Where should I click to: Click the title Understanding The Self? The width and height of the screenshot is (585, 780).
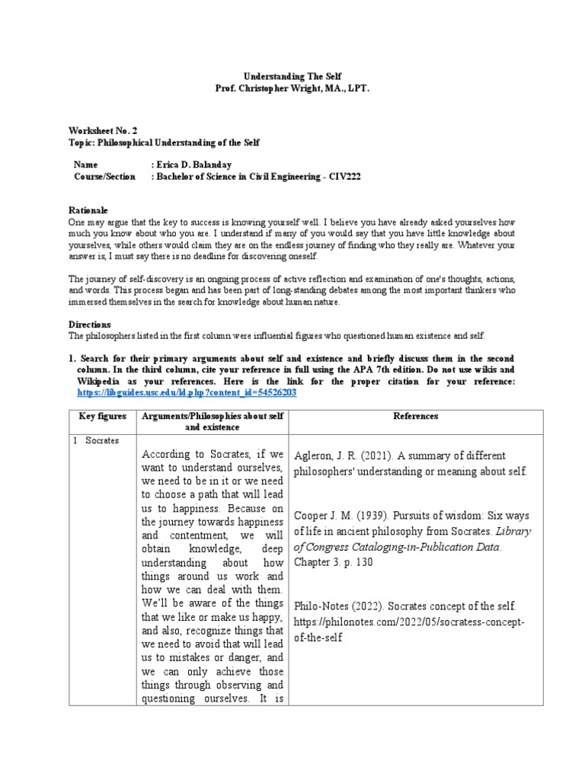(292, 77)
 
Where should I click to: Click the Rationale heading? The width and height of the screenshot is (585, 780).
(88, 209)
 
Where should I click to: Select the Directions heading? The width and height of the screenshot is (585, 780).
(90, 324)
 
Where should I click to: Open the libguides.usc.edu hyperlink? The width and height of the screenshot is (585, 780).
(187, 392)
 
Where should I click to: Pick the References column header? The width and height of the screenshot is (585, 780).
(415, 417)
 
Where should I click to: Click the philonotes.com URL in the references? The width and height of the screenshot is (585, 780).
(409, 622)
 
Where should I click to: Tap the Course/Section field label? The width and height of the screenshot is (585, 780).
(104, 176)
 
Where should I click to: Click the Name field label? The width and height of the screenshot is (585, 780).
(86, 165)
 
